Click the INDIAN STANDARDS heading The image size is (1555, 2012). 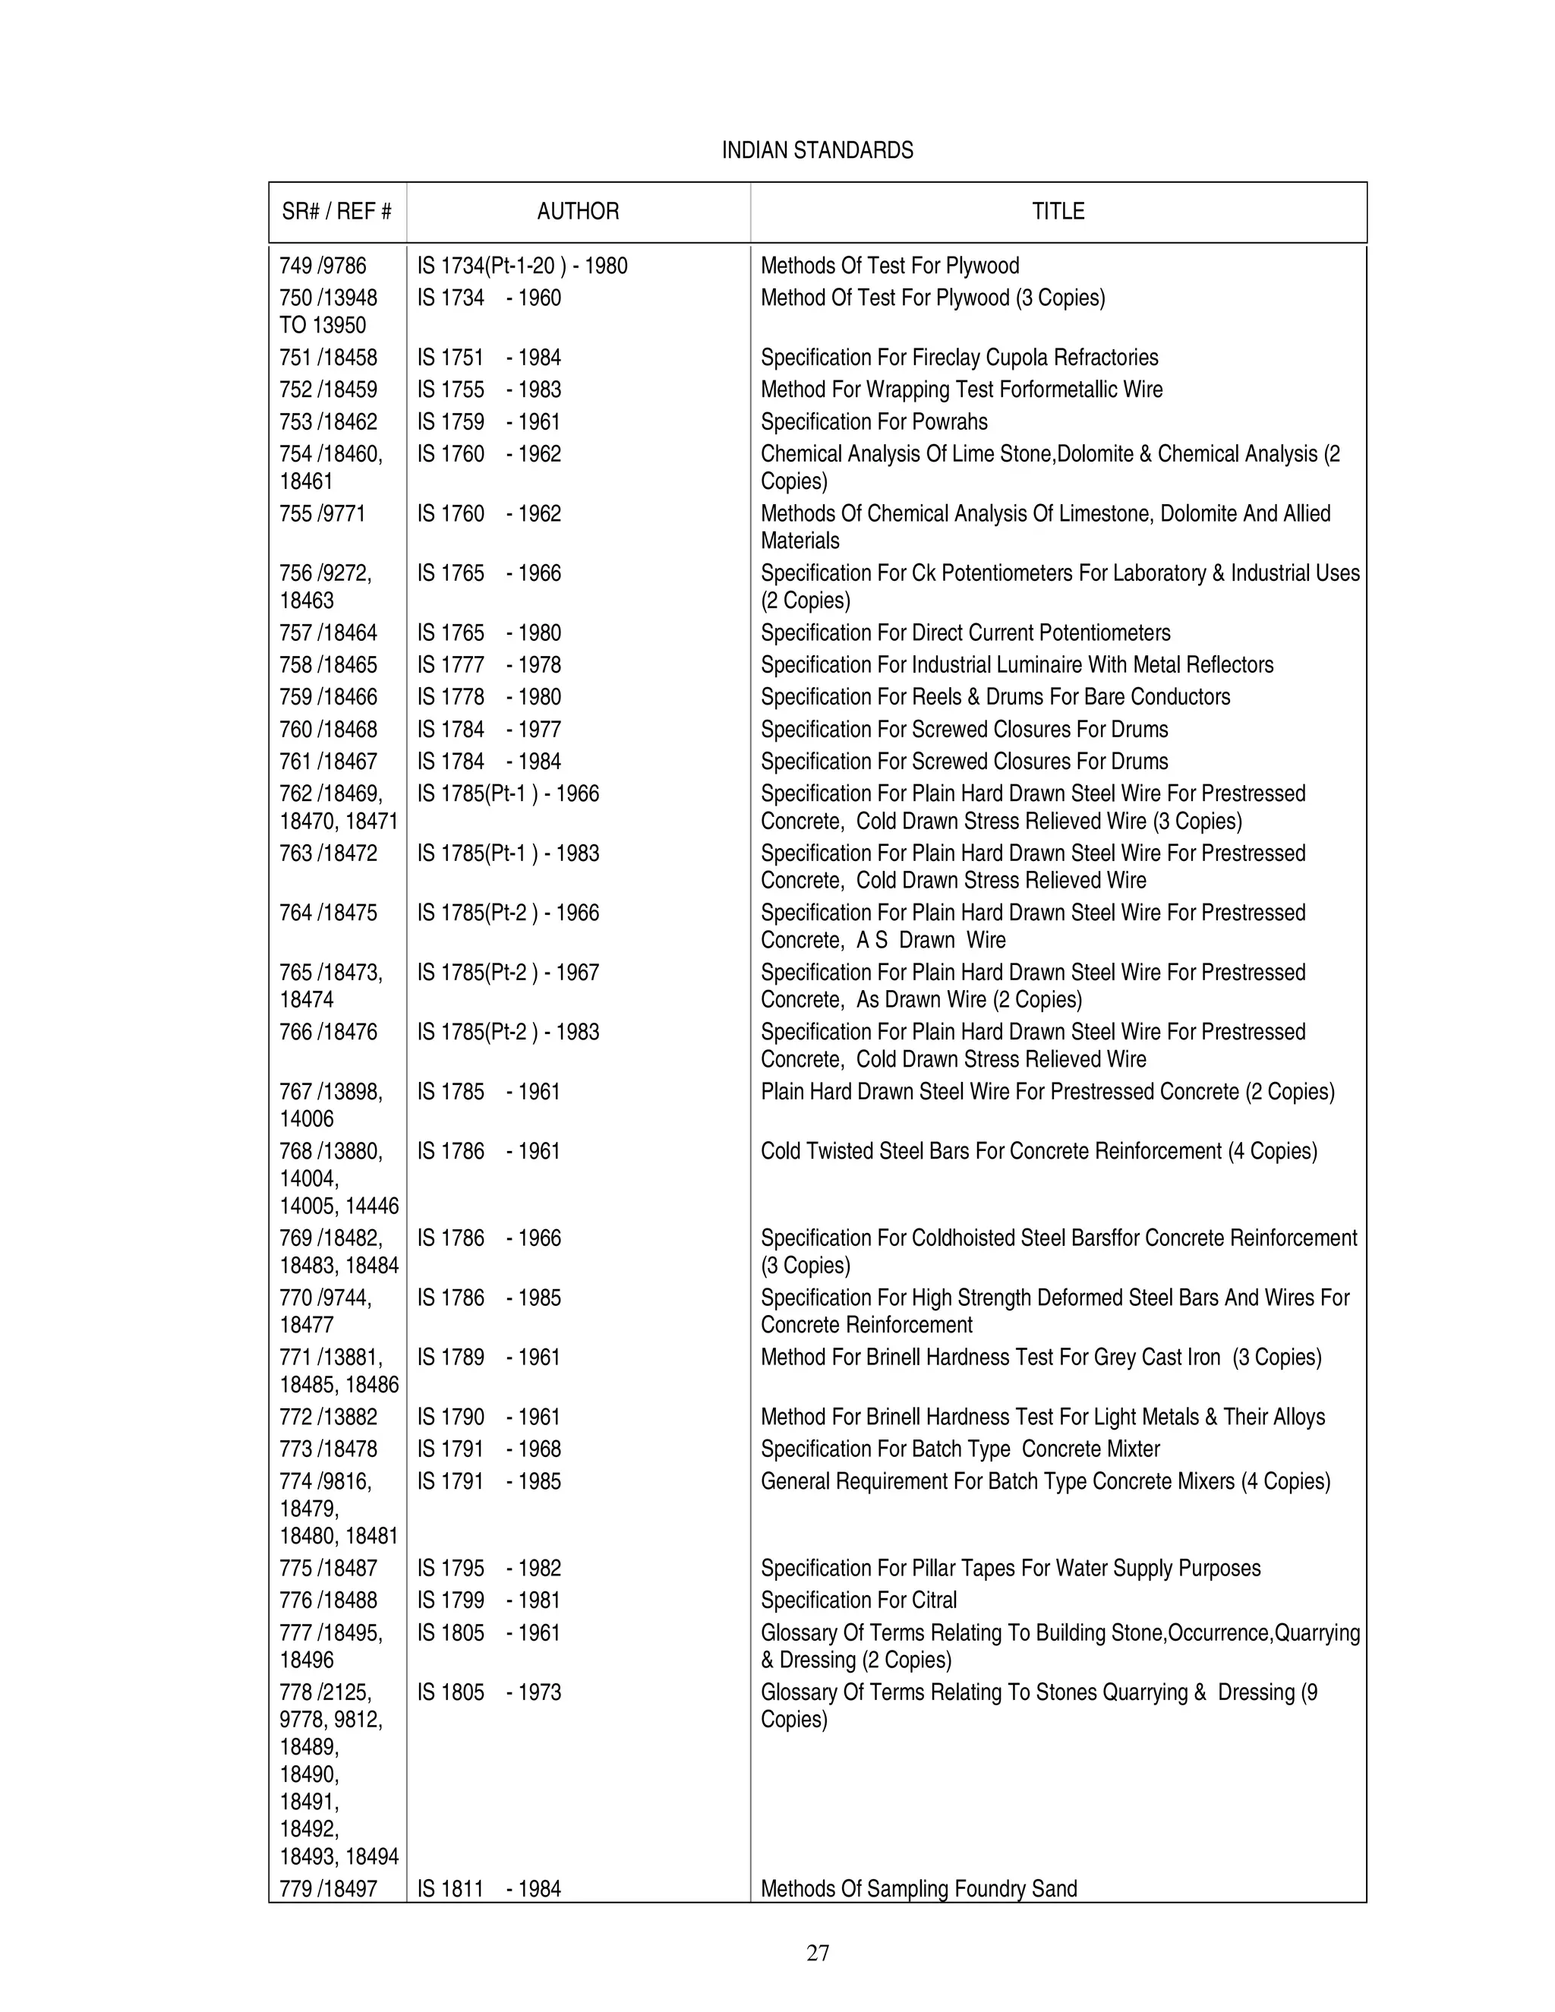pos(817,150)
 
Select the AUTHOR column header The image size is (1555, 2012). pos(578,212)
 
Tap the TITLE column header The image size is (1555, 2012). pos(1058,212)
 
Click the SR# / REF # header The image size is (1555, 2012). pos(336,212)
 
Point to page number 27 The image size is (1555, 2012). pos(817,1952)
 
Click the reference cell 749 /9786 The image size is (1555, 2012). pos(323,266)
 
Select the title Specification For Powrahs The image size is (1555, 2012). pos(873,422)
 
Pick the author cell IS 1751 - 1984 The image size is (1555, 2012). pos(488,358)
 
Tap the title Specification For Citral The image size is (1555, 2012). pos(859,1600)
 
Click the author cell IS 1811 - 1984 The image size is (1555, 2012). pos(488,1888)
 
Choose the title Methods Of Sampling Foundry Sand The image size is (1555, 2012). pos(919,1888)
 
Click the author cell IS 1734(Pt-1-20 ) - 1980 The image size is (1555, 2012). pos(522,266)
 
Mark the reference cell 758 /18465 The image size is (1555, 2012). pos(328,665)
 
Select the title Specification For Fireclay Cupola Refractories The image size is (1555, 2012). pos(959,358)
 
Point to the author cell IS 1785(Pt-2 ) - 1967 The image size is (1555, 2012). pos(508,973)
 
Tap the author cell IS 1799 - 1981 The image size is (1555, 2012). pos(488,1600)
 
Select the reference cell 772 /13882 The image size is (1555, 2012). pos(328,1417)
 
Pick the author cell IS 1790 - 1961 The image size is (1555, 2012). pos(488,1417)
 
